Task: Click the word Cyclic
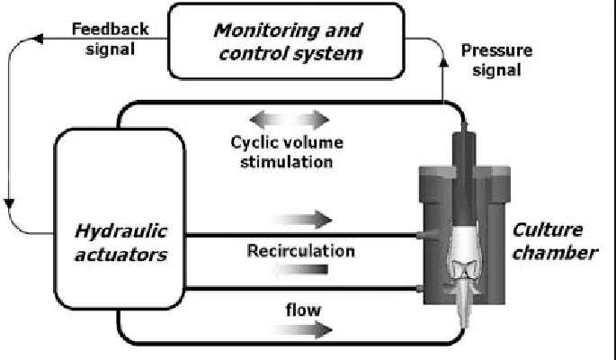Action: (x=251, y=144)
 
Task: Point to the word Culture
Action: (x=550, y=230)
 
